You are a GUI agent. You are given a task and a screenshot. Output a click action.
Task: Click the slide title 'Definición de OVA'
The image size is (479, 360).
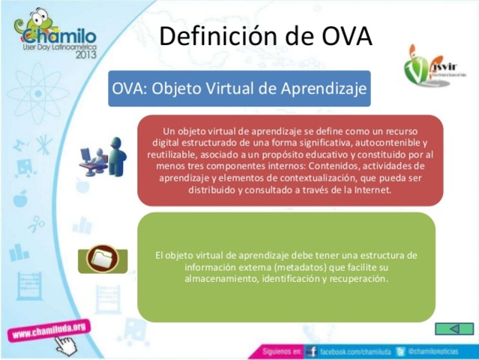pos(266,35)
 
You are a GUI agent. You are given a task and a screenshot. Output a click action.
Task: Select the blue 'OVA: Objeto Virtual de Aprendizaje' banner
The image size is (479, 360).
pos(239,88)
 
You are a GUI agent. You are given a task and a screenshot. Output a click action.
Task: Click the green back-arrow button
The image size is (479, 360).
pos(454,329)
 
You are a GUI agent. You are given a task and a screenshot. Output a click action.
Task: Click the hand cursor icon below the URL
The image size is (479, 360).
pos(68,346)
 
